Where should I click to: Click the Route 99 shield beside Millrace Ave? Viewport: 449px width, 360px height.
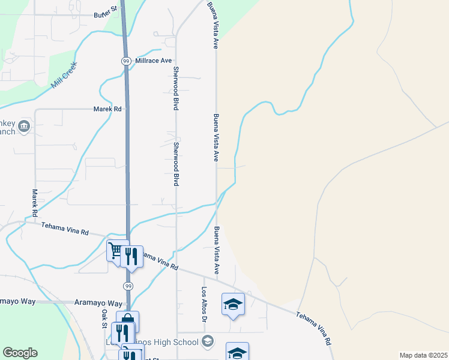pos(126,61)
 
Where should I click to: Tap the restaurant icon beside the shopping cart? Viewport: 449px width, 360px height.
pos(133,256)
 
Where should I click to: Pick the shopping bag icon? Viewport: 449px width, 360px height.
pos(127,320)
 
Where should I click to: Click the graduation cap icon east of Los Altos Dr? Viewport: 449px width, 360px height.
pos(233,304)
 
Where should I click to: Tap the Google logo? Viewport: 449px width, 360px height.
pos(20,353)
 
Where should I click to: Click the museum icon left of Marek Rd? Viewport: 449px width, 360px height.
pos(24,125)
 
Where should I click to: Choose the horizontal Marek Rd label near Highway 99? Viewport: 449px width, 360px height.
pos(107,109)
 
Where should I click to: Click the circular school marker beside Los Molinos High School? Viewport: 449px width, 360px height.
pos(208,342)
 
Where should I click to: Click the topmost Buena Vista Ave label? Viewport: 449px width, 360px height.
pos(212,25)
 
